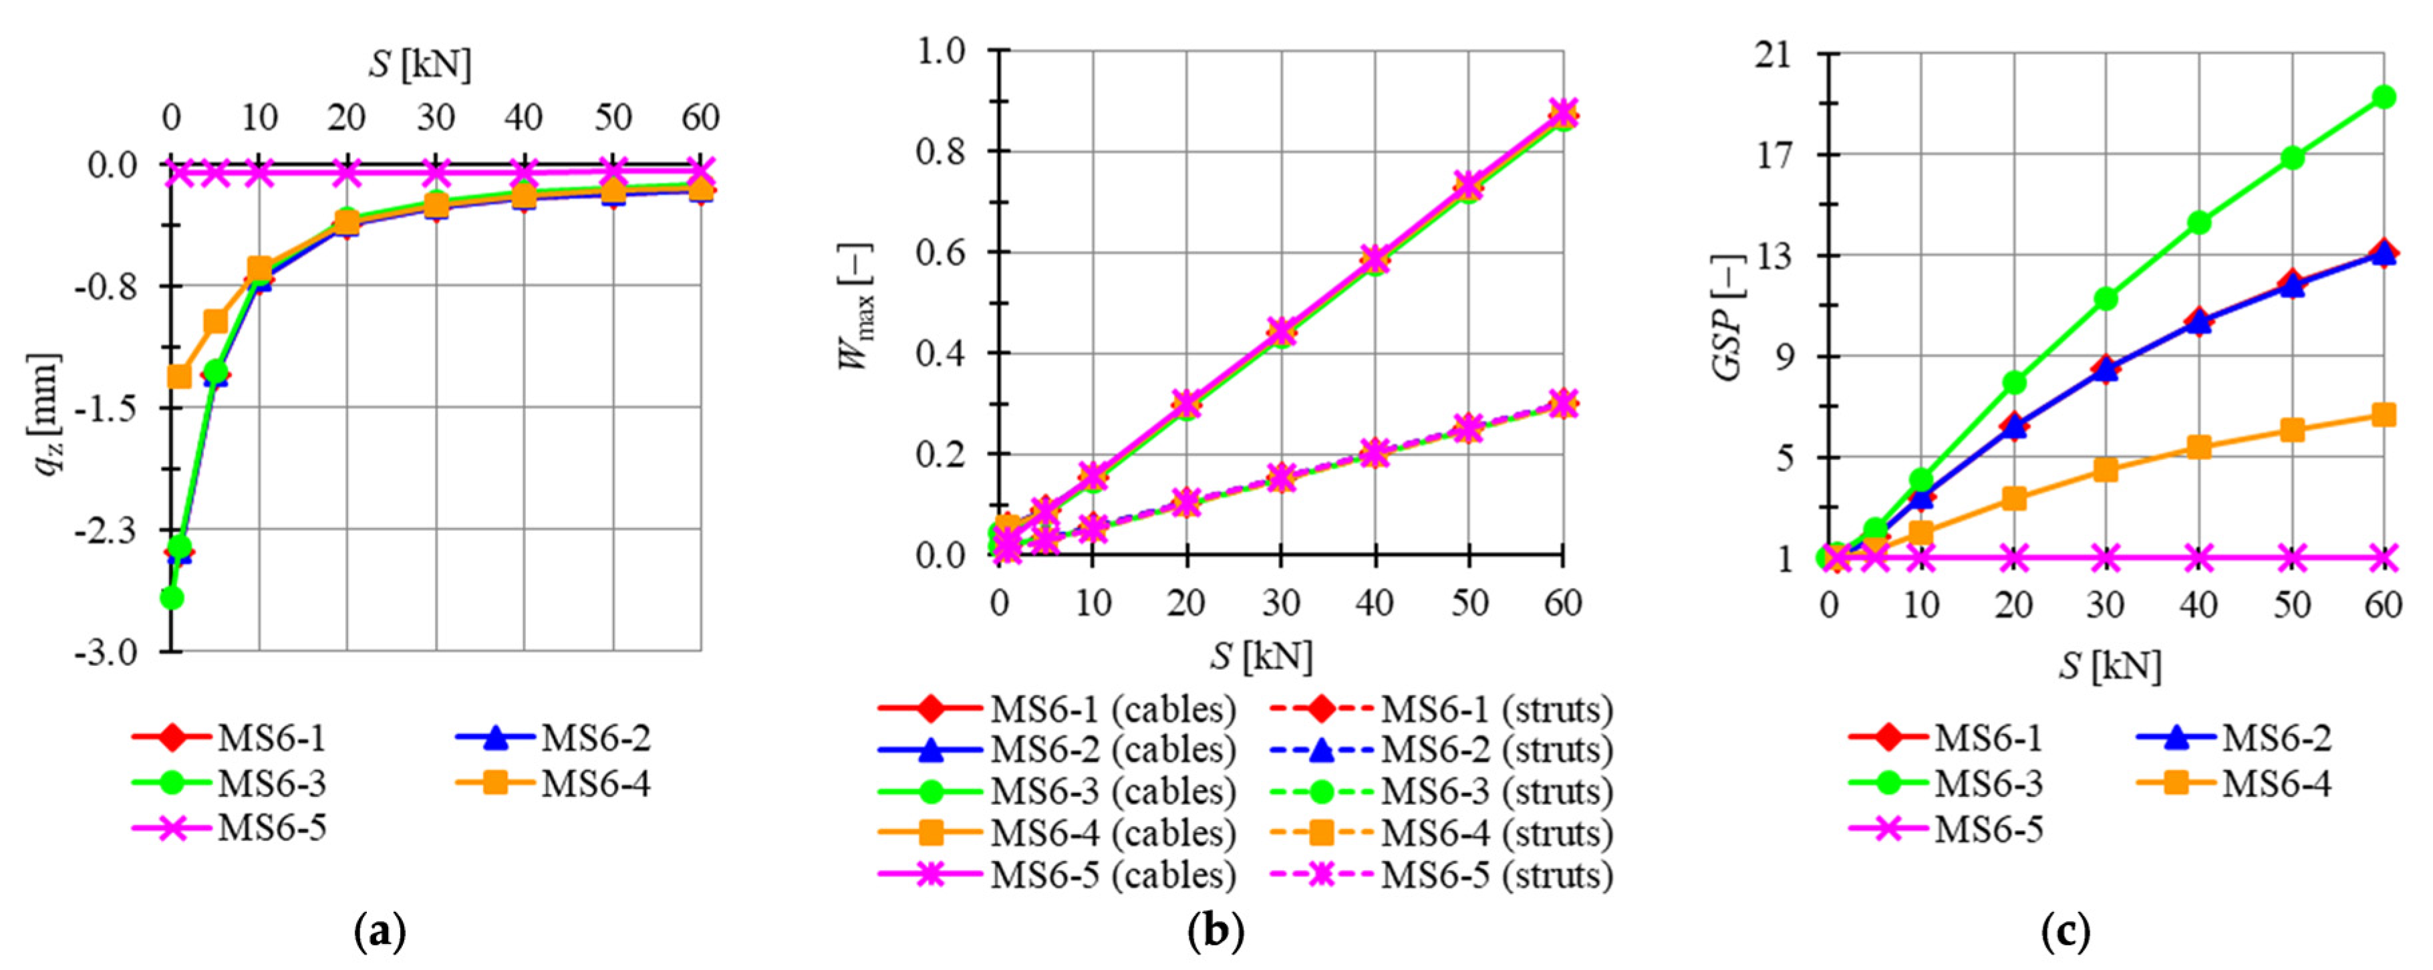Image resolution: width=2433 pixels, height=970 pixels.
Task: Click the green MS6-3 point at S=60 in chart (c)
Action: (2384, 98)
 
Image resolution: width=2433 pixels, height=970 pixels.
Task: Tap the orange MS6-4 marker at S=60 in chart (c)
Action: (2384, 414)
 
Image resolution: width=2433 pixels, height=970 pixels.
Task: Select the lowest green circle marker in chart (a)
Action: (172, 598)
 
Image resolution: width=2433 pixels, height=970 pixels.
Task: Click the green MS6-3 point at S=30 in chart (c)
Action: (2106, 298)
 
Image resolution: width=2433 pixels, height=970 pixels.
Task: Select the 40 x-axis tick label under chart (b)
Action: (1375, 602)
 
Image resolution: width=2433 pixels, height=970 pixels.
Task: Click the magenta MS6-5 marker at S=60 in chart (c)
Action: (2384, 558)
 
